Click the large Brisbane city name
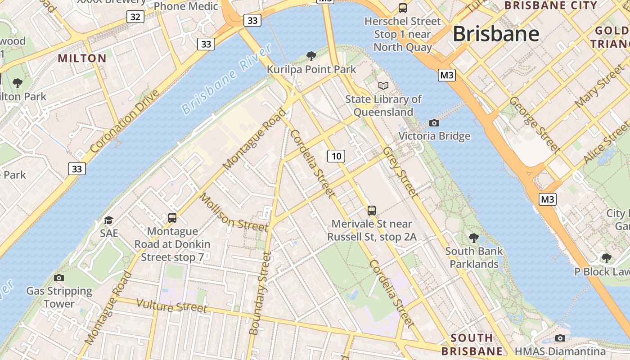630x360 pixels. pos(496,34)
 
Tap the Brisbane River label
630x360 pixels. pos(227,79)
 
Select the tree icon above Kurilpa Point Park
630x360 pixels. pos(311,56)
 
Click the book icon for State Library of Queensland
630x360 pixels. pos(383,85)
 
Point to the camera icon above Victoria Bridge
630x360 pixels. pos(434,123)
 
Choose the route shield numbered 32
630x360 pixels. pos(135,17)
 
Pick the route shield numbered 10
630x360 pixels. pos(336,156)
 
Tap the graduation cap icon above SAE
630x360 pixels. pos(109,220)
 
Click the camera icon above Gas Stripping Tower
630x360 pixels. pos(58,278)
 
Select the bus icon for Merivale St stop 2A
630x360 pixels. pos(372,210)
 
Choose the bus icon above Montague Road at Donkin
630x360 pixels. pos(172,218)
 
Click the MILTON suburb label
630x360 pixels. pos(82,58)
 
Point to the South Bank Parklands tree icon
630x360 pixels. pos(473,238)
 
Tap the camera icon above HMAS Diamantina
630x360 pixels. pos(560,338)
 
